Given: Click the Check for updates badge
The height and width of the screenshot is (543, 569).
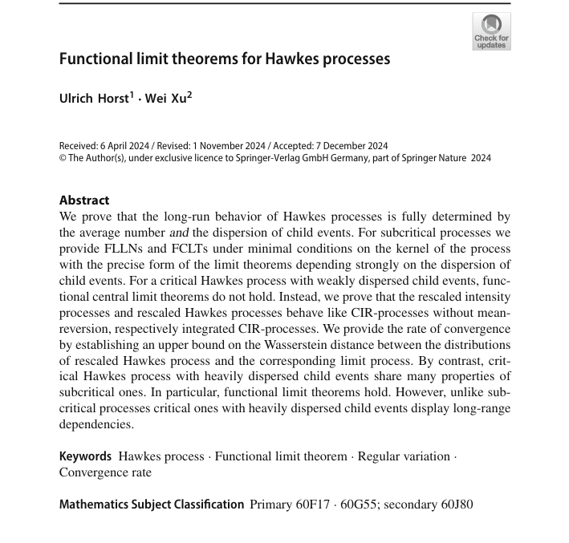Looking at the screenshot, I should [491, 31].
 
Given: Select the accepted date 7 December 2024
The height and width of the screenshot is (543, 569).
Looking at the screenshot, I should [347, 146].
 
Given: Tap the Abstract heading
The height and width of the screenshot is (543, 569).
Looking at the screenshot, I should [84, 200].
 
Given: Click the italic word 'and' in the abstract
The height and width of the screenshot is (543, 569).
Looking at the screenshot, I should [179, 233].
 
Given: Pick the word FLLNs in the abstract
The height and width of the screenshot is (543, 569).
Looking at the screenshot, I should [117, 249].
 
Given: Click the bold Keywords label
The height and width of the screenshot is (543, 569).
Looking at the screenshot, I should [85, 456].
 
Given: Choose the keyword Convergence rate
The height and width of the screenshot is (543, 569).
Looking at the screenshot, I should [105, 472].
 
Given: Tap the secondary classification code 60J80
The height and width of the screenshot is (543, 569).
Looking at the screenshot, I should [451, 505].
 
